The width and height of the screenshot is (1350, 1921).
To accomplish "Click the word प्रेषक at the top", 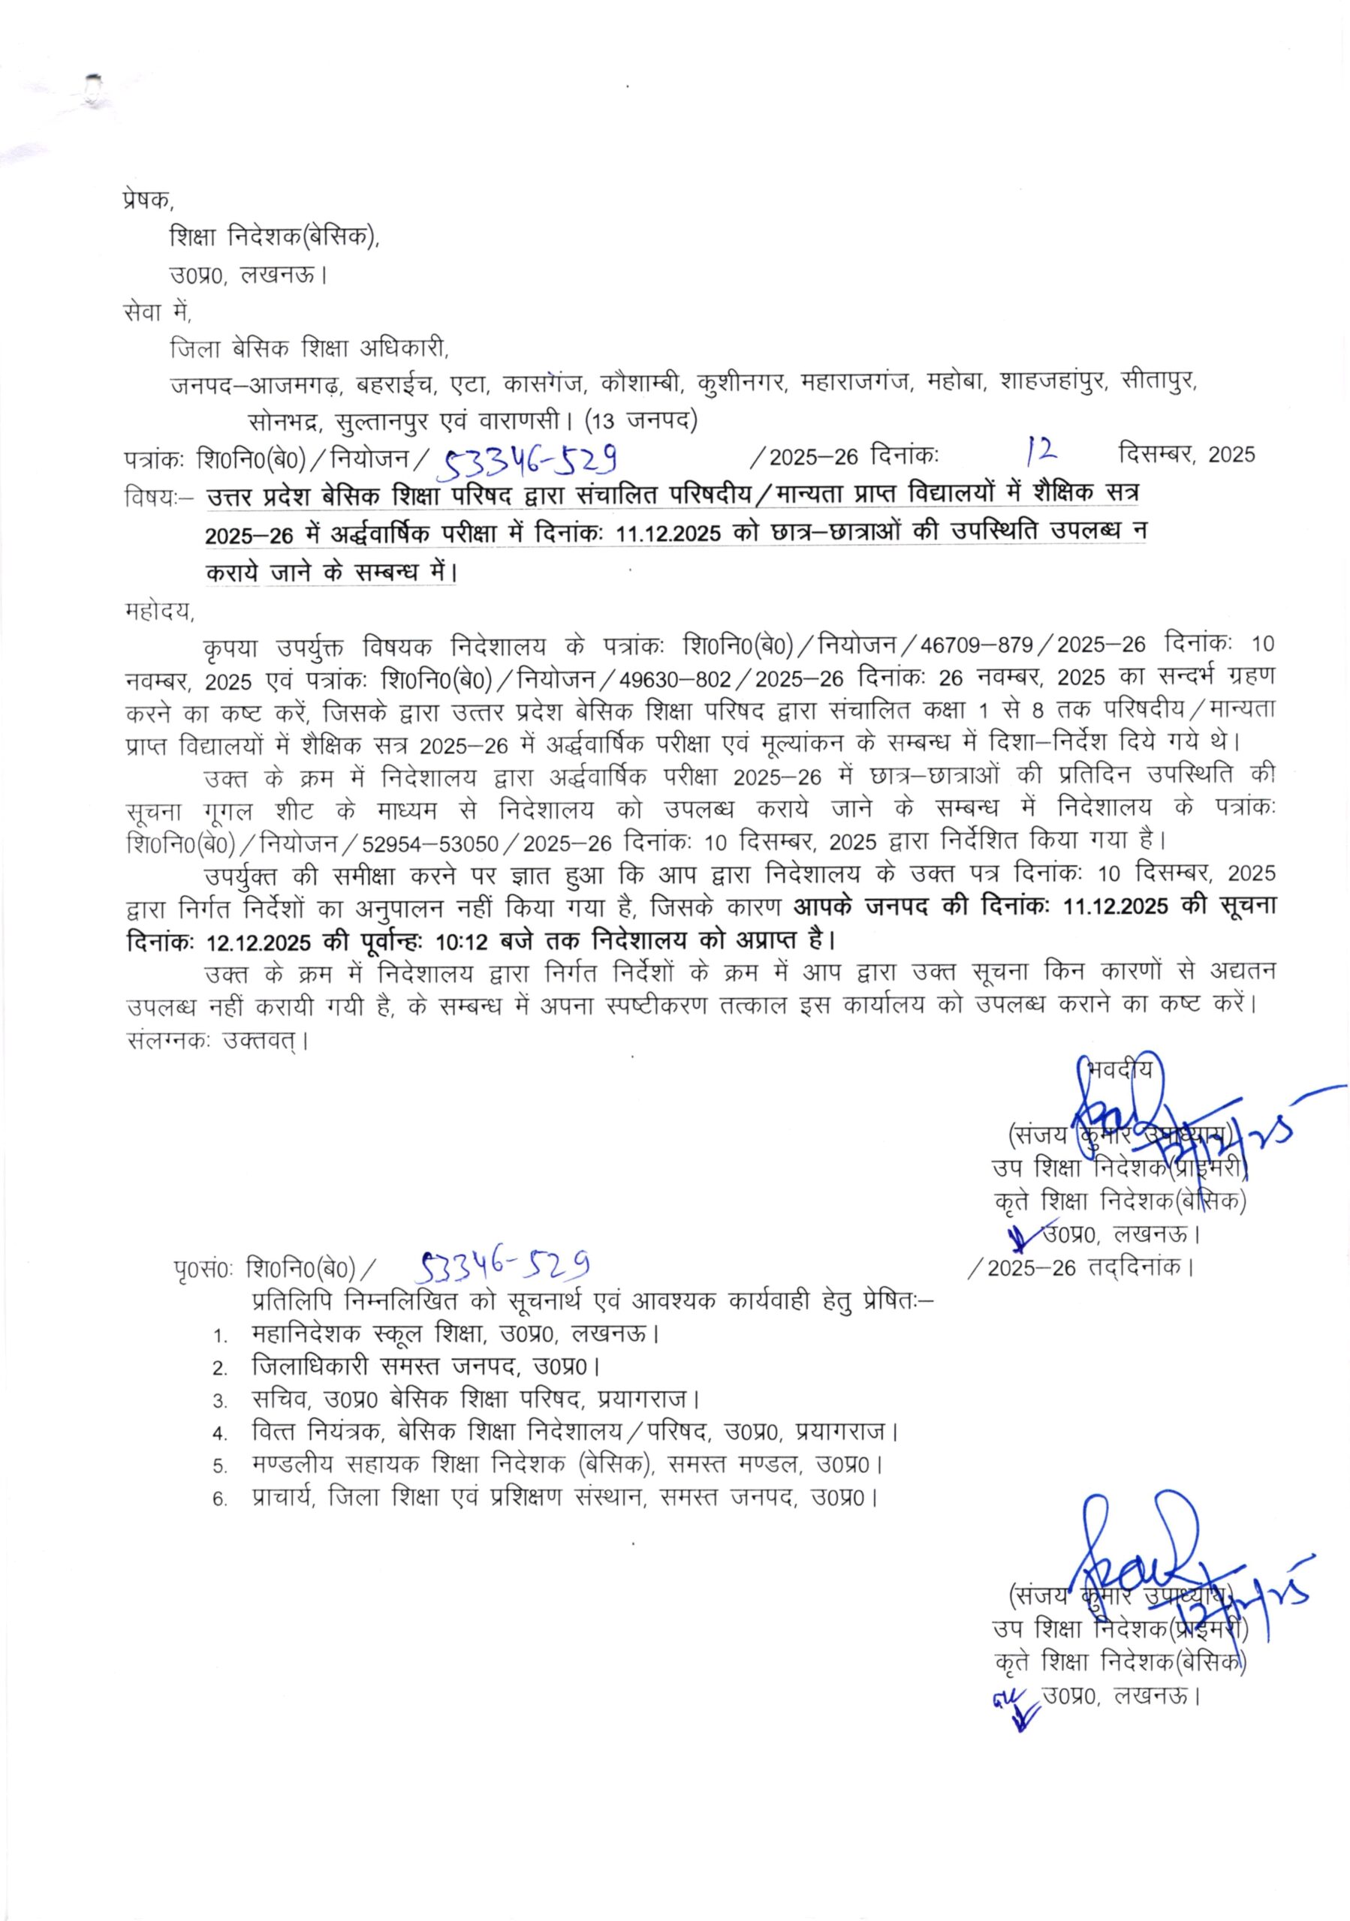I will pos(145,201).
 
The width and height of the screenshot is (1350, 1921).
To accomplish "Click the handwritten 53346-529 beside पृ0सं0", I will pos(505,1266).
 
